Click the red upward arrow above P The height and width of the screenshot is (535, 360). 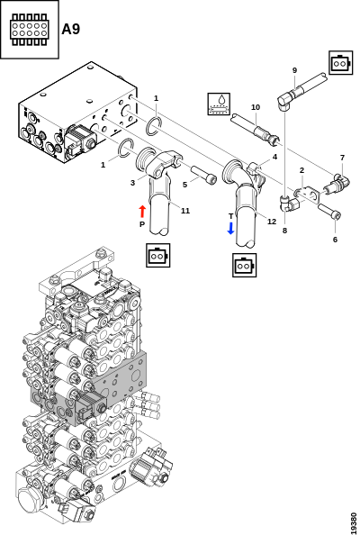(x=142, y=212)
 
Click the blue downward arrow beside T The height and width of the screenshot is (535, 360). (x=230, y=228)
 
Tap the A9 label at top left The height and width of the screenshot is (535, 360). (x=71, y=30)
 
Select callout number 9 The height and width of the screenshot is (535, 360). (x=294, y=70)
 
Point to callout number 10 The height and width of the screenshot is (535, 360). (x=256, y=107)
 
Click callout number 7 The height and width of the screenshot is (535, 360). (x=342, y=158)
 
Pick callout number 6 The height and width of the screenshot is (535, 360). (x=335, y=240)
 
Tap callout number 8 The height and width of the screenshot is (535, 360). (x=285, y=231)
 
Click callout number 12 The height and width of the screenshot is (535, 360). (x=272, y=222)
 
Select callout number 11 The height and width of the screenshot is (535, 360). (x=185, y=211)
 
